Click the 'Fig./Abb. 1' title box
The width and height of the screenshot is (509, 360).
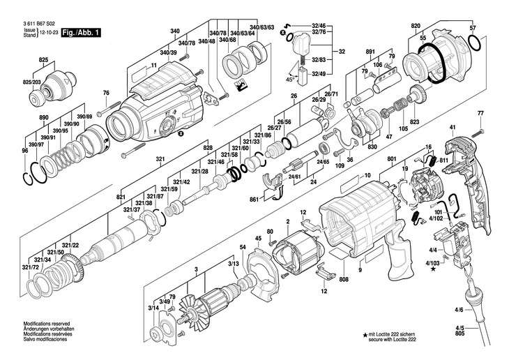(x=81, y=33)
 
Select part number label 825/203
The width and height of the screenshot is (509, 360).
(x=32, y=82)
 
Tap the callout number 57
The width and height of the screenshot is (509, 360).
(x=473, y=29)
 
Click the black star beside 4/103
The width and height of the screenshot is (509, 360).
(x=434, y=269)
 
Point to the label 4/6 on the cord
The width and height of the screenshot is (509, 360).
(x=459, y=310)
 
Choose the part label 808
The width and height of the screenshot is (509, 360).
(x=344, y=279)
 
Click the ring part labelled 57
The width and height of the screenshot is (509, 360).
(x=475, y=43)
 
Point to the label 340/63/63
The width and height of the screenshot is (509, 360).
(x=261, y=27)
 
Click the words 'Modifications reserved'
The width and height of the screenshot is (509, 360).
(x=47, y=324)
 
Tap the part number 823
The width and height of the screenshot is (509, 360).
(x=415, y=122)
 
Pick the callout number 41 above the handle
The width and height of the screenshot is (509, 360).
(x=453, y=128)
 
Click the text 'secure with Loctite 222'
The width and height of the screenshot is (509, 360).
(x=392, y=339)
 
